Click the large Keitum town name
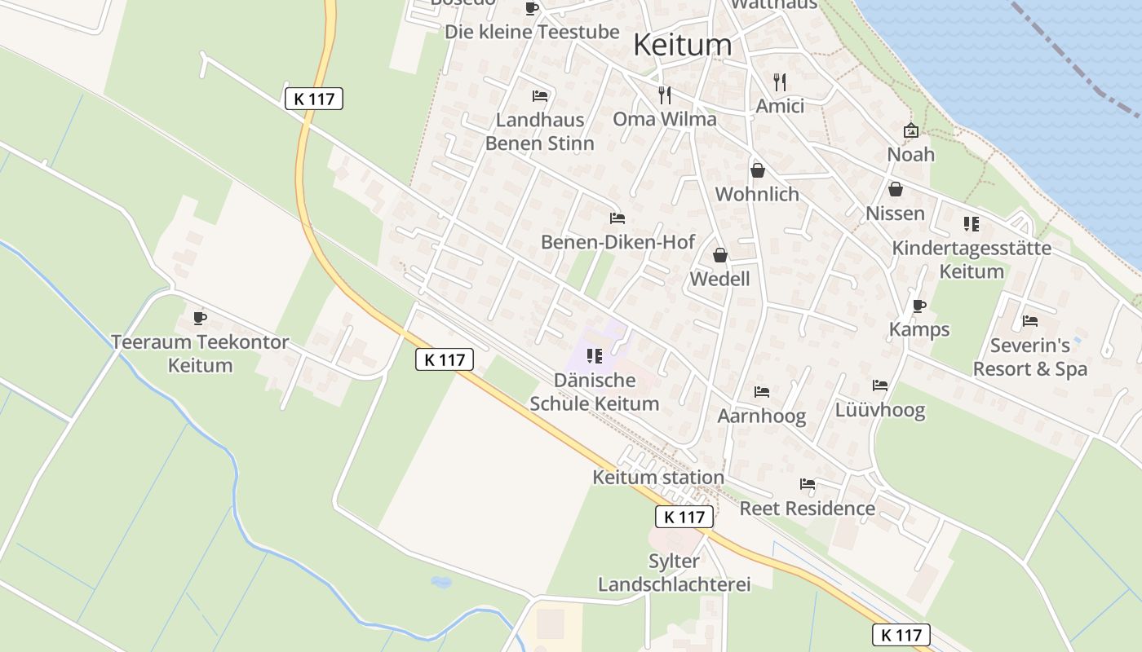coord(682,46)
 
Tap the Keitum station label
coord(658,478)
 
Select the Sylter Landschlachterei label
coord(675,573)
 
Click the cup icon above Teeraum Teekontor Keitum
coord(200,318)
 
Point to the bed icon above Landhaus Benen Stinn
coord(539,96)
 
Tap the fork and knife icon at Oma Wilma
coord(665,95)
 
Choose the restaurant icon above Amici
coord(780,82)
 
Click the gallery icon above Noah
coord(911,130)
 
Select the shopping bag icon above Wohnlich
coord(757,170)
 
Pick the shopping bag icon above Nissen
coord(895,190)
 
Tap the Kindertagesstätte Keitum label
coord(972,259)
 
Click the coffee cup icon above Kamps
coord(919,306)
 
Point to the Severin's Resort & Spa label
coord(1030,357)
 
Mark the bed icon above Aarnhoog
coord(761,392)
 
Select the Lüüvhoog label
coord(879,410)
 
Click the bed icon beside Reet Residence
coord(807,484)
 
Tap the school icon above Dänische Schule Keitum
coord(595,356)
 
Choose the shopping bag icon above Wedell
coord(719,255)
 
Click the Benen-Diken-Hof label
coord(617,242)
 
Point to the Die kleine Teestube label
coord(532,32)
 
